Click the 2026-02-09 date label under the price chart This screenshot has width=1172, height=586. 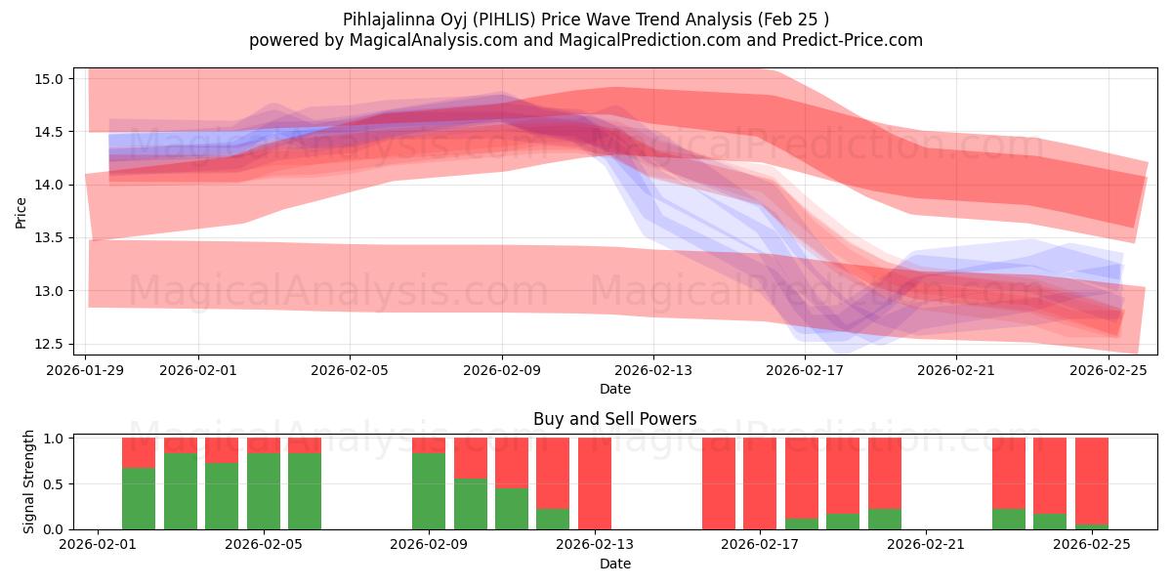(x=502, y=371)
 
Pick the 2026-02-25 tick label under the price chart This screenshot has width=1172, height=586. (x=1109, y=371)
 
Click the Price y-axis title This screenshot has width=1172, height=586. (x=21, y=211)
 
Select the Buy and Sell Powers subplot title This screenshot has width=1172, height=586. (x=614, y=419)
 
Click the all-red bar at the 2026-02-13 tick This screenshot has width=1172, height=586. (x=595, y=483)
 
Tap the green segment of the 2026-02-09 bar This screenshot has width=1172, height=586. (x=429, y=490)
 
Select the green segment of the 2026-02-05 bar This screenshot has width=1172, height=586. (x=264, y=490)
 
